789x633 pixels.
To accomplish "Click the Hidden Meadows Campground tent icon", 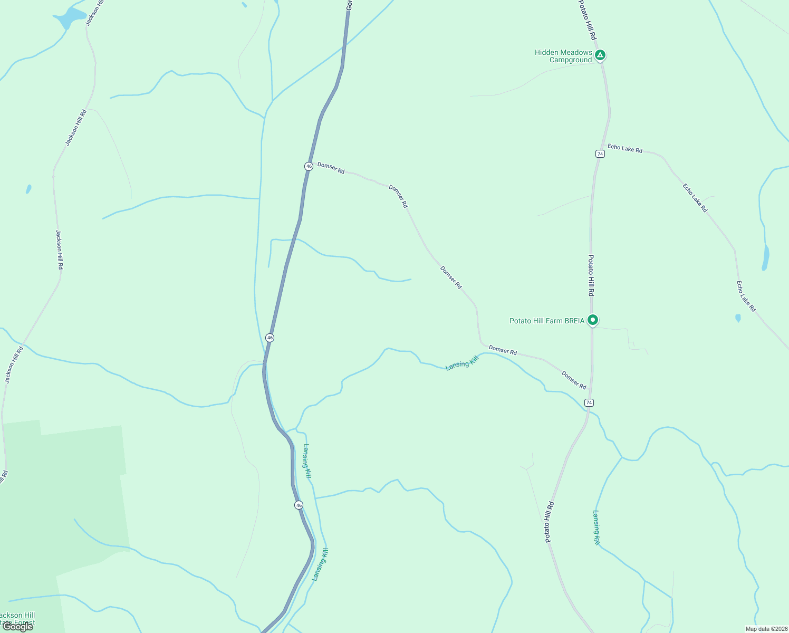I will coord(600,55).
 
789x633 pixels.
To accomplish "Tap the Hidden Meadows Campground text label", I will coord(563,56).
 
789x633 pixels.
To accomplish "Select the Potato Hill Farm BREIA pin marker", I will coord(593,320).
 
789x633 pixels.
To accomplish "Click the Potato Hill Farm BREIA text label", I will coord(547,321).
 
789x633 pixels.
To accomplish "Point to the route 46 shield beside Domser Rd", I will coord(309,166).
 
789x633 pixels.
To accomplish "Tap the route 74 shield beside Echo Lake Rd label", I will coord(600,154).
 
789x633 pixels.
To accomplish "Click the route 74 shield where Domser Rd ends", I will coord(589,402).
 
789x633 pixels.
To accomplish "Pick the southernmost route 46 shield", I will coord(299,505).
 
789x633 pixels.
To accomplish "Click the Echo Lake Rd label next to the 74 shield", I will coord(625,149).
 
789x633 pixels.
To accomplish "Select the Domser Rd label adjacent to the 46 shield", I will coord(331,168).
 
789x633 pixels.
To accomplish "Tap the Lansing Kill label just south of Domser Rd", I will coord(461,363).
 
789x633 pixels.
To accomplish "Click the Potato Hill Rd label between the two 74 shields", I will coord(591,275).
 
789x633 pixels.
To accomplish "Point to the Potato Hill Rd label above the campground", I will coord(586,20).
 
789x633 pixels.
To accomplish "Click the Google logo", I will coord(18,627).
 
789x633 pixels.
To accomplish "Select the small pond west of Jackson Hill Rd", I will coord(28,189).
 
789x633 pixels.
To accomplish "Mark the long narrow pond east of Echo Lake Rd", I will coord(765,257).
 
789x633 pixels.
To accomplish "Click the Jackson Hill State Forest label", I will coord(17,619).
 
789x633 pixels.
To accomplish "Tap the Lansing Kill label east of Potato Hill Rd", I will coord(596,527).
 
